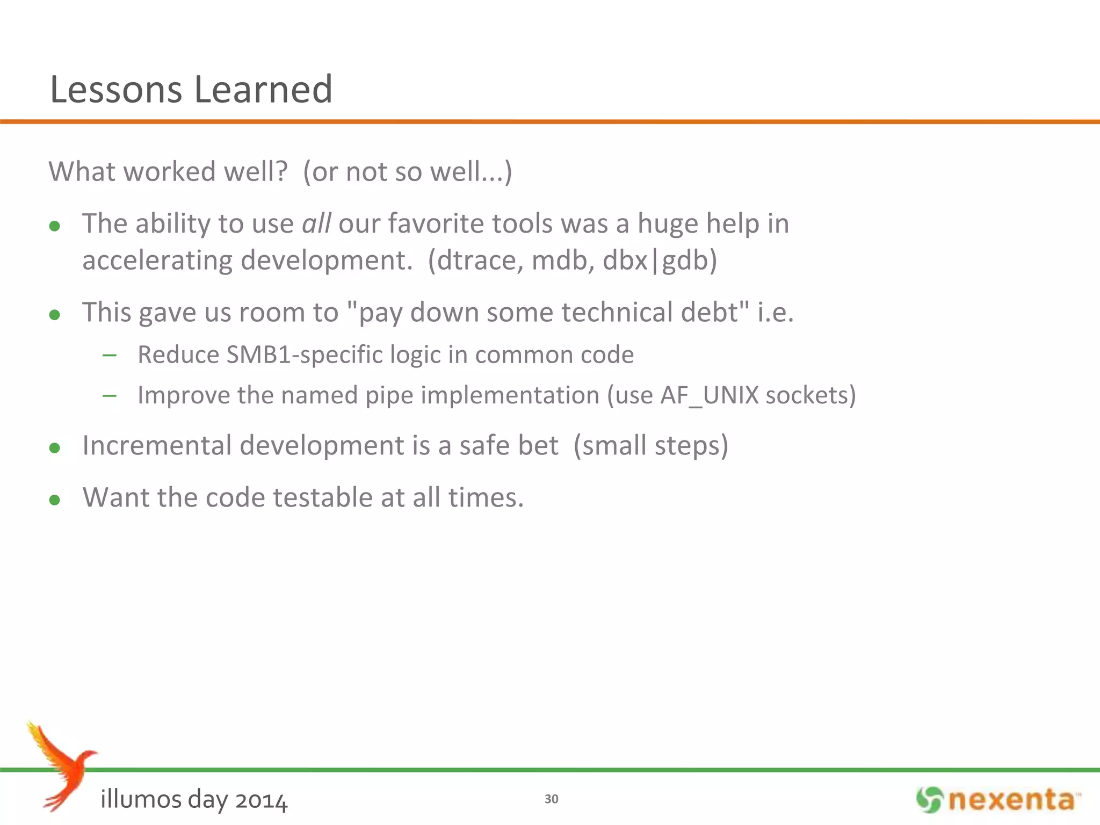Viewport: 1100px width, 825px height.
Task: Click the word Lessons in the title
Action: click(x=116, y=89)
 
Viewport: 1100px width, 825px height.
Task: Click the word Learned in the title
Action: click(x=263, y=89)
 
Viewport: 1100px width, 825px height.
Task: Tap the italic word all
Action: click(x=316, y=223)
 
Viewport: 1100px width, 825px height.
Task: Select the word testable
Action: click(x=323, y=497)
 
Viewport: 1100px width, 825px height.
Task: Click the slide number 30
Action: click(x=551, y=799)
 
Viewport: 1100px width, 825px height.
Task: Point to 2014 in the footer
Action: click(x=262, y=800)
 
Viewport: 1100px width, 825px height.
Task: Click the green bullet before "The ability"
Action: click(x=54, y=226)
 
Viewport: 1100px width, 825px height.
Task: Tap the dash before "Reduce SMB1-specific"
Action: click(x=110, y=355)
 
